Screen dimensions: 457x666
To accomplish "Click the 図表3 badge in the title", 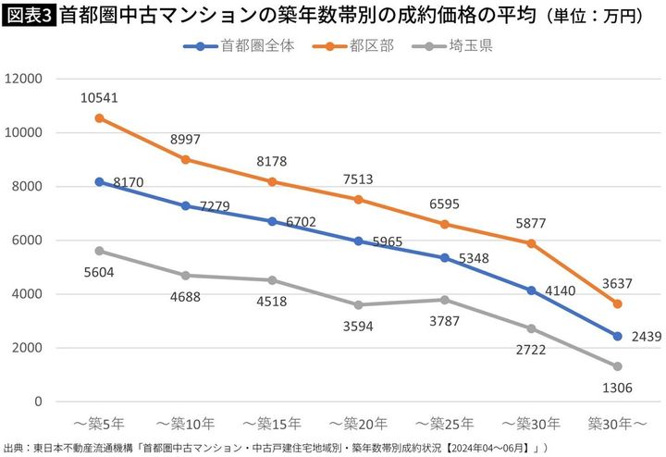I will pos(29,17).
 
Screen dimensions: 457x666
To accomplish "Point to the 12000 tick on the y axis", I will pos(24,79).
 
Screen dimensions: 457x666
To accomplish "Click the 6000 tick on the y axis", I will pos(28,241).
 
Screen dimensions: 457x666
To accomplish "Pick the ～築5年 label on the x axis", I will pos(100,423).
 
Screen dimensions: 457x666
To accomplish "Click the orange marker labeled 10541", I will pos(100,118).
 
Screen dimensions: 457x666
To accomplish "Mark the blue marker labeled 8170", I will pos(100,181).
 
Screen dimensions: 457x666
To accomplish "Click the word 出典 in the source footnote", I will pos(14,447).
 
